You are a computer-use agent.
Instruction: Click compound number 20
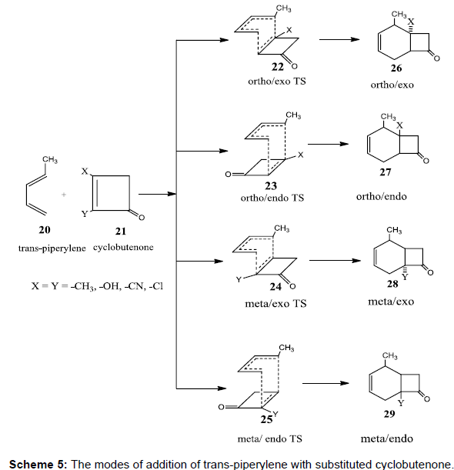coord(45,230)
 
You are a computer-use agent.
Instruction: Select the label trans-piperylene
coord(52,248)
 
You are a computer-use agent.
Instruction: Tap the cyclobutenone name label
coord(123,247)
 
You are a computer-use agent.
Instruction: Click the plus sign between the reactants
coord(64,195)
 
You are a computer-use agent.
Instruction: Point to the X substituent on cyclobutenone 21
coord(85,172)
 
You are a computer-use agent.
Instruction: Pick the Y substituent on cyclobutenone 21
coord(85,214)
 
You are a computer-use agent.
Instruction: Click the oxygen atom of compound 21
coord(142,218)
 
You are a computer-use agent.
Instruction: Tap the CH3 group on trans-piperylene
coord(50,159)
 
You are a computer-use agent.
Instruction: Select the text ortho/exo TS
coord(277,82)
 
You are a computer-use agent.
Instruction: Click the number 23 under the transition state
coord(271,186)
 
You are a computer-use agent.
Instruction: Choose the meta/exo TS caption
coord(275,304)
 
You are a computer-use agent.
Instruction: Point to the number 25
coord(266,419)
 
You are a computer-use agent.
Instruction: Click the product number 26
coord(396,68)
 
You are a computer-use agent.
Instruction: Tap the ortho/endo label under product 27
coord(382,196)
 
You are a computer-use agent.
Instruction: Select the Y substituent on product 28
coord(405,277)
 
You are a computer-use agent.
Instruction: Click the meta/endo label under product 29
coord(386,438)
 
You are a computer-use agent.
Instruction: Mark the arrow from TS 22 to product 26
coord(339,39)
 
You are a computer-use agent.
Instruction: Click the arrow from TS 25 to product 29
coord(325,383)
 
